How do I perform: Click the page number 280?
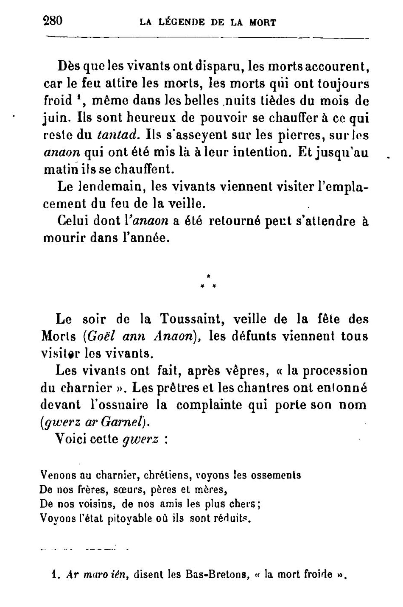[53, 21]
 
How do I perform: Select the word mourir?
[64, 238]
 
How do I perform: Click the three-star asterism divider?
[209, 282]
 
